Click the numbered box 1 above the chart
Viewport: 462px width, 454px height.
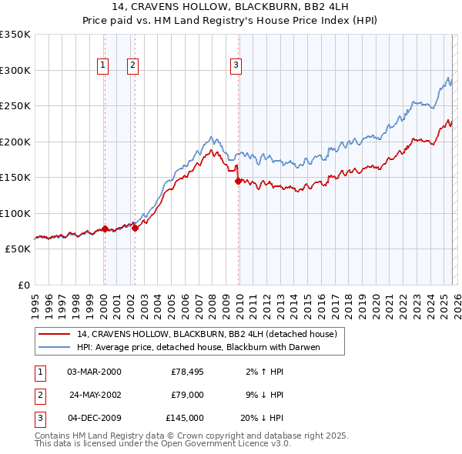[x=103, y=66]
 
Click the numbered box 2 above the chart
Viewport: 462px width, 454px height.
[x=133, y=66]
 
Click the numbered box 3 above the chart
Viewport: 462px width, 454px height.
[x=236, y=66]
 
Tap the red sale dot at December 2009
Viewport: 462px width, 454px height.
[x=238, y=181]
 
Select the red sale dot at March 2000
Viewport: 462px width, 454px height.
[x=105, y=229]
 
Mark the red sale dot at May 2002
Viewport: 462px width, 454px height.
[x=135, y=228]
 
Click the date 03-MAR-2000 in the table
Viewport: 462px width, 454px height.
[x=94, y=372]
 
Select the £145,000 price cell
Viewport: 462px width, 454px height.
[x=185, y=418]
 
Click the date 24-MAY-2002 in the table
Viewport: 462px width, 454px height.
[x=95, y=395]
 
